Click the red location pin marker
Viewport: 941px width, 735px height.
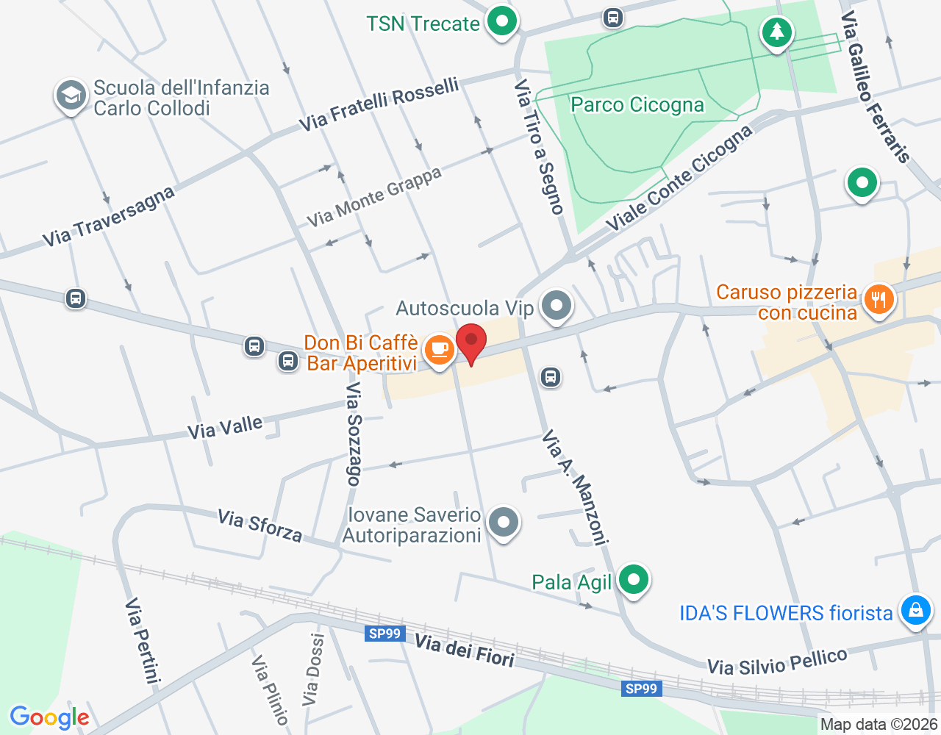coord(471,343)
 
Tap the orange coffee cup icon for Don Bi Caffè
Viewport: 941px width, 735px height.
coord(440,349)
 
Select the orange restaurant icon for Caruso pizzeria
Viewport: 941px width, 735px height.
coord(878,299)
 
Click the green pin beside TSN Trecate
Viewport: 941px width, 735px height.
coord(502,21)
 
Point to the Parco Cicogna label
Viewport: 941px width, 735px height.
coord(637,105)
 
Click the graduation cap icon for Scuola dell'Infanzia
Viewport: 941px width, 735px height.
coord(71,96)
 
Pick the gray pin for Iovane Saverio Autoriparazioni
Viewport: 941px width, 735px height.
coord(504,523)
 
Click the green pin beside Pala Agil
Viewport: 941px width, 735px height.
coord(633,580)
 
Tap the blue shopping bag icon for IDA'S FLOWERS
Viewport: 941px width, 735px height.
coord(915,610)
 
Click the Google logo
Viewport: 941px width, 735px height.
coord(49,717)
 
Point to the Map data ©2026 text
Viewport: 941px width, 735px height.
coord(879,725)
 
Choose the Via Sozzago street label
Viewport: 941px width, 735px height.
coord(354,434)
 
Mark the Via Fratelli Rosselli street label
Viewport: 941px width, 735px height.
coord(379,104)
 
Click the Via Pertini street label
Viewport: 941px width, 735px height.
coord(143,639)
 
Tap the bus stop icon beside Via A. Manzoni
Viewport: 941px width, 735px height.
coord(550,377)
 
